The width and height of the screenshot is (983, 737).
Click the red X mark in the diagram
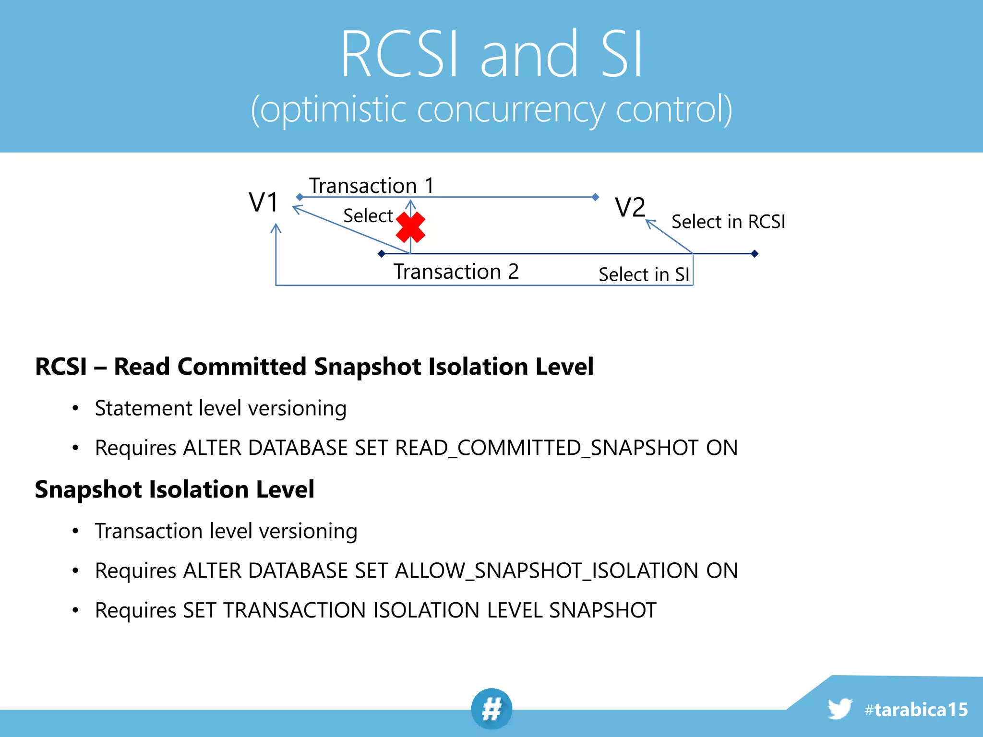point(410,227)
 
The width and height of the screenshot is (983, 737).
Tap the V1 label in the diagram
point(264,202)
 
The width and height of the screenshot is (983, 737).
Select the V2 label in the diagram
point(630,208)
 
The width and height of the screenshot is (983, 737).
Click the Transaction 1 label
point(371,186)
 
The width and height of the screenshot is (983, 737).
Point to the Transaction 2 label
point(456,272)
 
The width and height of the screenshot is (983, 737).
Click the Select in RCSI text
point(728,222)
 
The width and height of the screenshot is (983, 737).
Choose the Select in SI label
point(644,274)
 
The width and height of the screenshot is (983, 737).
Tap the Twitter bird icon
point(839,709)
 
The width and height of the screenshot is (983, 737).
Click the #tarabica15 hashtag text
point(916,710)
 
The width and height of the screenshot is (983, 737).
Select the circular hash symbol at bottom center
point(491,709)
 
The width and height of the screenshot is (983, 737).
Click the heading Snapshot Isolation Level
point(174,489)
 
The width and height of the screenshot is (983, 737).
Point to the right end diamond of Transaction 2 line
point(755,254)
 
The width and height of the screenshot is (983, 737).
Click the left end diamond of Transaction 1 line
point(300,197)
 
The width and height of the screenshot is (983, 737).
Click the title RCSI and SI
point(491,54)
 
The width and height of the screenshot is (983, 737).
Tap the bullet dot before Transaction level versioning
point(75,531)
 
